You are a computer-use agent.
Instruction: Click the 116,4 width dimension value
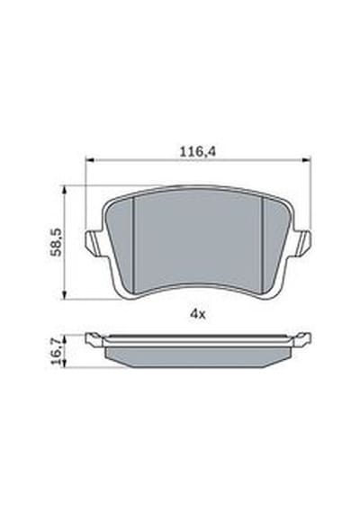pos(198,152)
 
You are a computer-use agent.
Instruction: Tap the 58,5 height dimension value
pos(57,242)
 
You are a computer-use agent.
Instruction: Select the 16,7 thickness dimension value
pos(57,352)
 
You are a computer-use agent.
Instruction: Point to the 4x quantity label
pos(198,314)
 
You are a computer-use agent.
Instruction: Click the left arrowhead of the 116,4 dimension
pos(90,160)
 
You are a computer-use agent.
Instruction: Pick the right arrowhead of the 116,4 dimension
pos(306,160)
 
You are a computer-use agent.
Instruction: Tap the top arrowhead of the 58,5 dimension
pos(65,190)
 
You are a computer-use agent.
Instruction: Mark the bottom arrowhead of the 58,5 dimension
pos(65,294)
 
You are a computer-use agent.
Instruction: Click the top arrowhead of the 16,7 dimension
pos(65,339)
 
